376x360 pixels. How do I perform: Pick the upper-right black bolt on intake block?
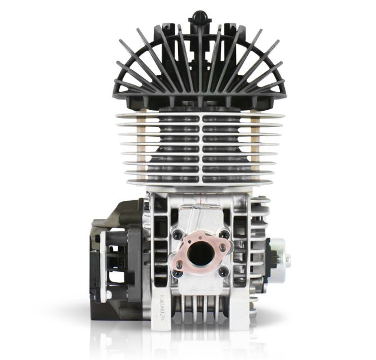224,233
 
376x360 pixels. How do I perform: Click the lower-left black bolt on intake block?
178,273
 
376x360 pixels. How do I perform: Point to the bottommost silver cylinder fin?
200,183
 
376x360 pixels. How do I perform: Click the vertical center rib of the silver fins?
200,149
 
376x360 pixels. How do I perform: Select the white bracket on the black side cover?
102,264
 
